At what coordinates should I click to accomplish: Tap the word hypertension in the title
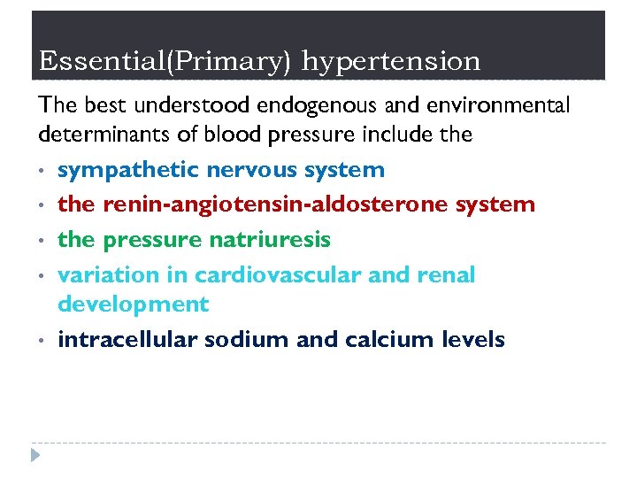coord(391,62)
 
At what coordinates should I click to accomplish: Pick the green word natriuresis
coord(270,240)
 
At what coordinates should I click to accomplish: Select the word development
coord(133,305)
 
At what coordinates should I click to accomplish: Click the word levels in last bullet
coord(478,339)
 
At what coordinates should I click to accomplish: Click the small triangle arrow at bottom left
coord(35,456)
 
